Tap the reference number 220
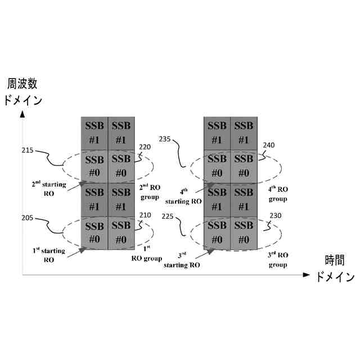pyautogui.click(x=145, y=147)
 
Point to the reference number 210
pyautogui.click(x=145, y=214)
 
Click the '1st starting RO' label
pyautogui.click(x=49, y=255)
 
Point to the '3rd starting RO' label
pyautogui.click(x=182, y=260)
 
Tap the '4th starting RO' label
pyautogui.click(x=183, y=195)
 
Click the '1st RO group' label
pyautogui.click(x=146, y=254)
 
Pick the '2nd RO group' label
pyautogui.click(x=150, y=192)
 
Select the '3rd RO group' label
pyautogui.click(x=278, y=259)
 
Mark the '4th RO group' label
pyautogui.click(x=278, y=194)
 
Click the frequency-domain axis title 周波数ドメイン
pyautogui.click(x=22, y=93)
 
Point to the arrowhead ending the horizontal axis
pyautogui.click(x=306, y=275)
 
